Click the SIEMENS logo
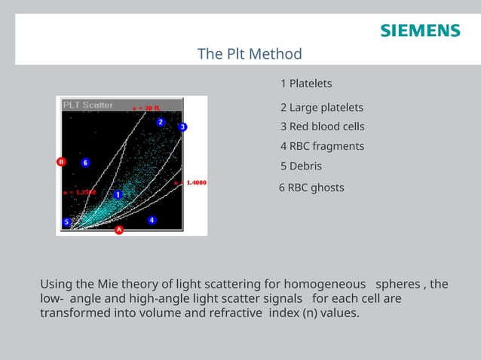[420, 31]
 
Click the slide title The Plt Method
[250, 54]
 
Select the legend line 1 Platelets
[306, 83]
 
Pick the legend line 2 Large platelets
[322, 108]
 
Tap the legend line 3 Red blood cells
[322, 127]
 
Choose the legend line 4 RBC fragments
[322, 146]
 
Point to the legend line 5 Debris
[301, 166]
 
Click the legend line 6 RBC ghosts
[311, 187]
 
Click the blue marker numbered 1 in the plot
[118, 194]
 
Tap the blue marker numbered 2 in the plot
[161, 122]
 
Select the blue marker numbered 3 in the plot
[182, 127]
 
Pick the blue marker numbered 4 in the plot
[152, 220]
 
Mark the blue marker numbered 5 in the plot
[66, 222]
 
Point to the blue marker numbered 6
[85, 162]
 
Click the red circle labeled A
[118, 230]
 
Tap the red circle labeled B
[62, 161]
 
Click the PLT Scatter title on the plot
[87, 105]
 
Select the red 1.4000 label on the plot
[194, 183]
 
